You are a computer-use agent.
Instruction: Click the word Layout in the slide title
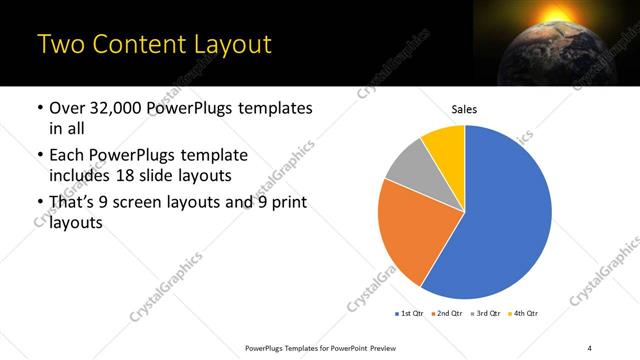[x=224, y=45]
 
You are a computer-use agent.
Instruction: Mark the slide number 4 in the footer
[x=590, y=347]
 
